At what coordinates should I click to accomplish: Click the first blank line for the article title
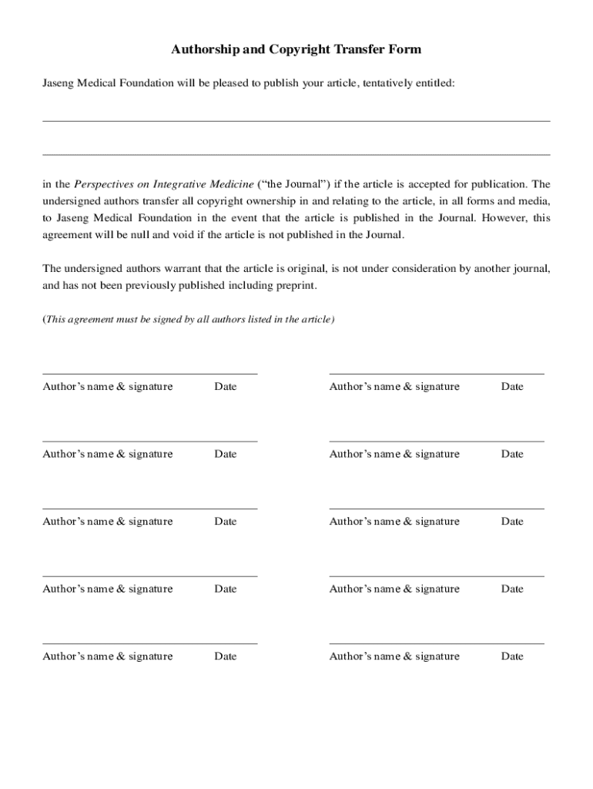coord(296,120)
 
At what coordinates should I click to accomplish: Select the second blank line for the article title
coord(296,154)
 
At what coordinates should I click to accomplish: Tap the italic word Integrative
coord(182,184)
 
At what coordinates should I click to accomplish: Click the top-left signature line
coord(149,374)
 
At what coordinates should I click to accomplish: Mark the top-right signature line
coord(436,374)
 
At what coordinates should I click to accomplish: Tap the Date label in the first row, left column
coord(226,387)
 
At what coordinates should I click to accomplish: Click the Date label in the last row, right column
coord(512,656)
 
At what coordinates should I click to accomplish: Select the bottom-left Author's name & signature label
coord(108,656)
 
